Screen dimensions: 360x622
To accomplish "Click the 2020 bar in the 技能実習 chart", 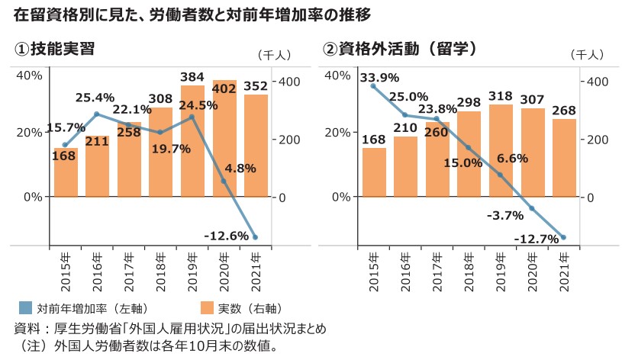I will coord(224,137).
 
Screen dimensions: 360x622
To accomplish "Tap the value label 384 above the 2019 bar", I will coord(192,77).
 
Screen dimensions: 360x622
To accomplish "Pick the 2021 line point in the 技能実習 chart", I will coord(255,237).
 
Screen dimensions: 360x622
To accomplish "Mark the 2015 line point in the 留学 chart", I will coord(373,86).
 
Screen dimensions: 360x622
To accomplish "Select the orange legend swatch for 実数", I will coord(206,308).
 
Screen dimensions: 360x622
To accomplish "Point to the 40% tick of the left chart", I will coord(29,75).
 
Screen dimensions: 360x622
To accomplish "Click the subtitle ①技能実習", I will coord(55,49).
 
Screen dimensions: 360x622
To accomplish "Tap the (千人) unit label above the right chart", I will coord(586,54).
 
